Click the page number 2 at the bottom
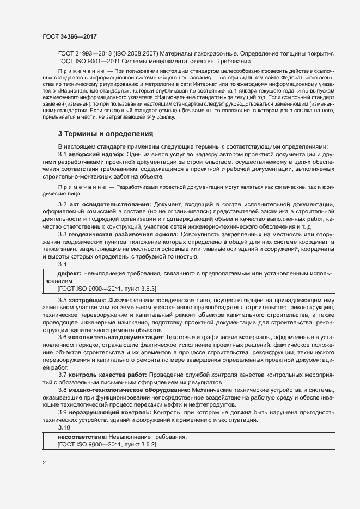44,463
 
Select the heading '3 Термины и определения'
106,133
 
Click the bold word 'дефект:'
69,272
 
